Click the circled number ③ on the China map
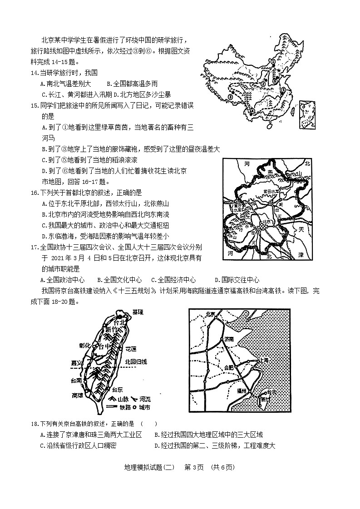[230, 96]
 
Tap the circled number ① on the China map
[273, 60]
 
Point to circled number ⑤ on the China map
[282, 90]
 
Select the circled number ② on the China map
[263, 84]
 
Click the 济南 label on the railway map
[230, 339]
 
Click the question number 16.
[34, 193]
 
